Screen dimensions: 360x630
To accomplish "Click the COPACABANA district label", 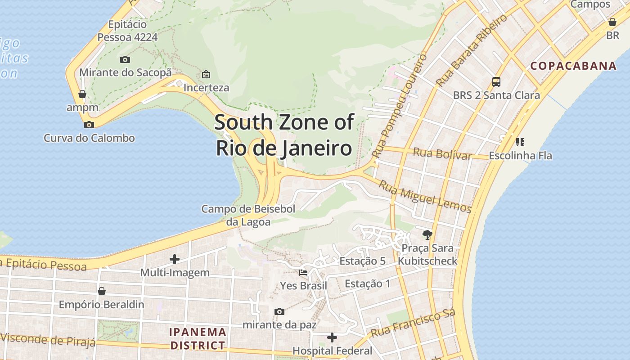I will (x=573, y=66).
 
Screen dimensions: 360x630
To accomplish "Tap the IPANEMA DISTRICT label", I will (x=197, y=339).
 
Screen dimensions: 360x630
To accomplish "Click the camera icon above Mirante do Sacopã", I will (x=125, y=59).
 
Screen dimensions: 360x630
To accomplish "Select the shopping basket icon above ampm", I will (x=82, y=94).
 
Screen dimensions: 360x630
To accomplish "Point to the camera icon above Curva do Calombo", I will (x=89, y=125).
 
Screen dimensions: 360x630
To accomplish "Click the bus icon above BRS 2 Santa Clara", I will (x=496, y=82).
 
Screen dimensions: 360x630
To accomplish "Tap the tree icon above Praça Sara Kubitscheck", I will (x=427, y=234).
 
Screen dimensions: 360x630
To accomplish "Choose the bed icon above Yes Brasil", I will (x=303, y=273).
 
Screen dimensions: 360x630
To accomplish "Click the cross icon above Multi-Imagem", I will (x=175, y=259).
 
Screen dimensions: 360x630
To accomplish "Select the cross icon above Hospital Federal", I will (x=332, y=337).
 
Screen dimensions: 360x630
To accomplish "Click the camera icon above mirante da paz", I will (x=279, y=311).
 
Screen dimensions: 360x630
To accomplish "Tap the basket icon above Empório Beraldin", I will (x=102, y=291).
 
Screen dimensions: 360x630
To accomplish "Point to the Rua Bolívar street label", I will (x=442, y=153).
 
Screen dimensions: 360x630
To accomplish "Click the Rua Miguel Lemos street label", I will (x=424, y=197).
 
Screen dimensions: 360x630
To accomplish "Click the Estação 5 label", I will (x=362, y=261).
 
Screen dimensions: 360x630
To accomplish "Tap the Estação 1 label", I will (x=367, y=283).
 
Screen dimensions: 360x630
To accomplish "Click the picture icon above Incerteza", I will (x=206, y=74).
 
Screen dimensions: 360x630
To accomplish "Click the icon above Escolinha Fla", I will (x=520, y=143).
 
